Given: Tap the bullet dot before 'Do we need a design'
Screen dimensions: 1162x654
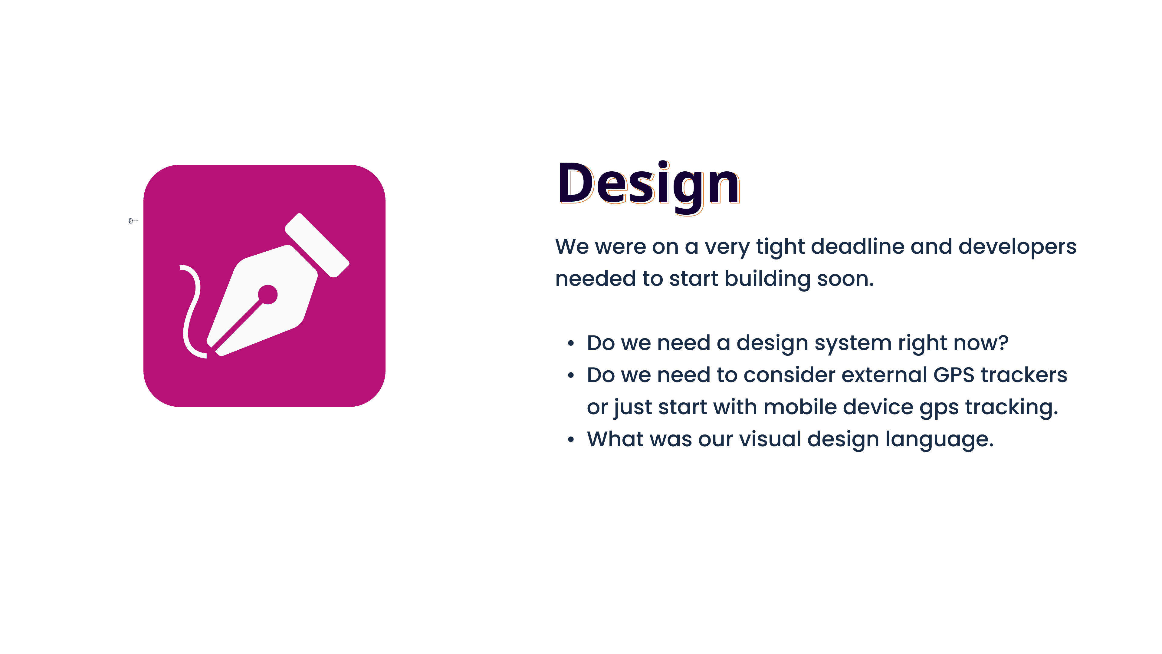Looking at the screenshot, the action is (x=571, y=343).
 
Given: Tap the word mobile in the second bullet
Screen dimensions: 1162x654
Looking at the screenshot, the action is (x=800, y=407).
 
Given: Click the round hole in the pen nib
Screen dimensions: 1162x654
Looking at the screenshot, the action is (x=268, y=295).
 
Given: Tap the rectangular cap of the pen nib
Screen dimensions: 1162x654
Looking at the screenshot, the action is (x=317, y=245).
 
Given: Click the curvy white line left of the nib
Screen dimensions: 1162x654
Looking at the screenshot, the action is (x=190, y=312).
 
